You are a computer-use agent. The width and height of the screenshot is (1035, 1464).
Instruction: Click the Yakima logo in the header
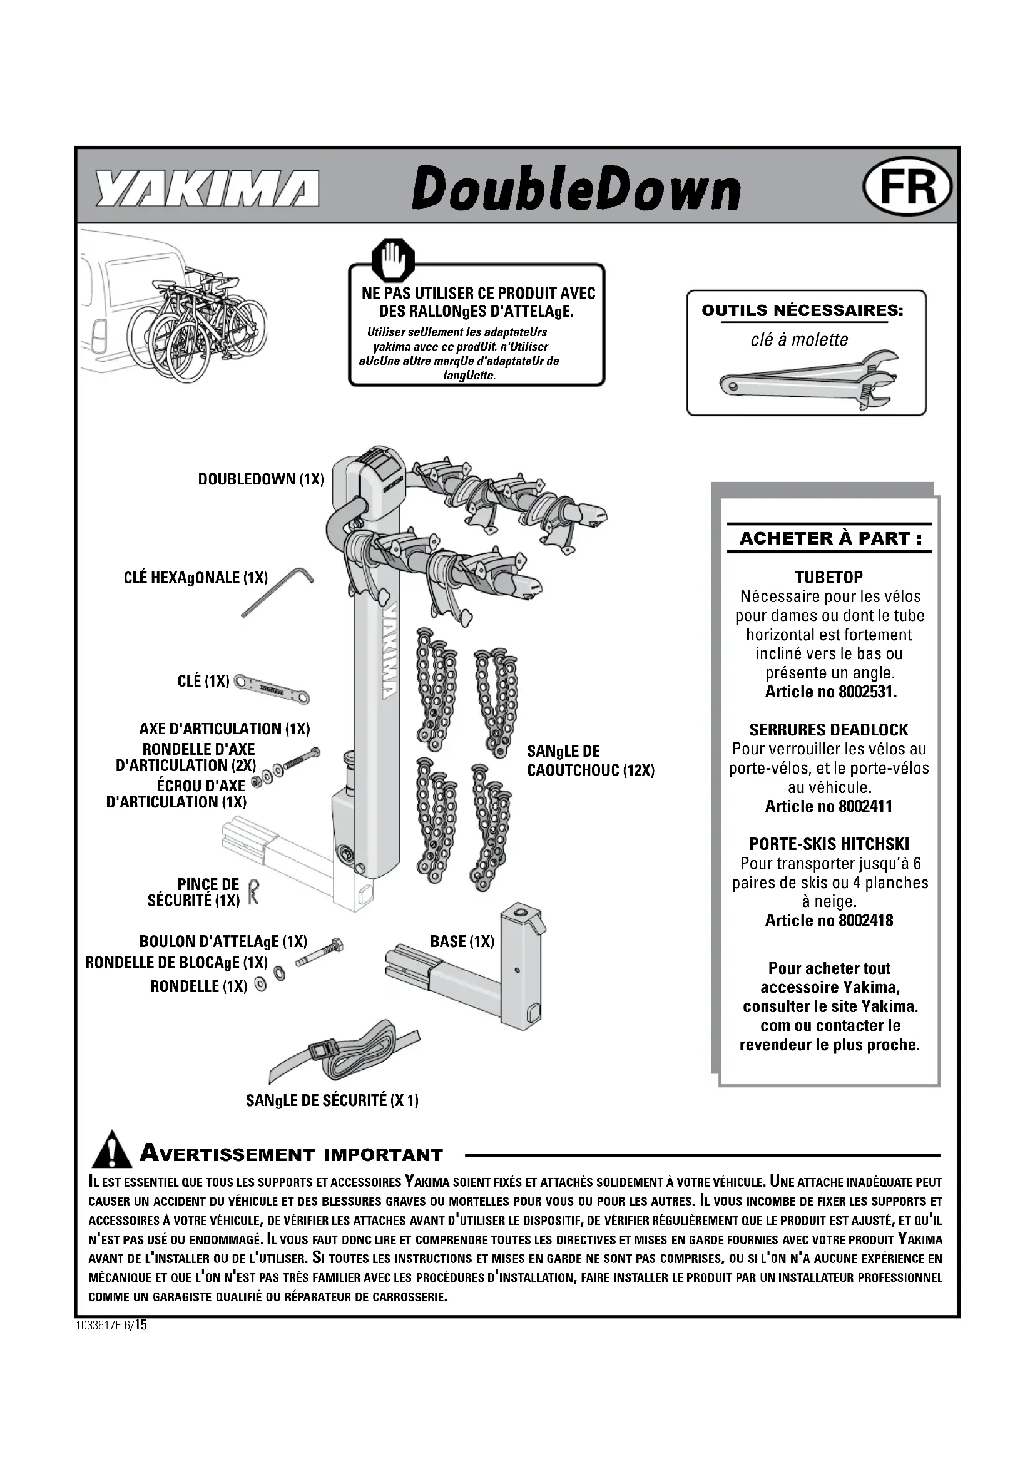(x=207, y=189)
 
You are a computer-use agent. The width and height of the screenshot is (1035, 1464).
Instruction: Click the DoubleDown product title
(x=576, y=189)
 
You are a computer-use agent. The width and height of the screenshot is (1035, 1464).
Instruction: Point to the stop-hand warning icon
(x=393, y=260)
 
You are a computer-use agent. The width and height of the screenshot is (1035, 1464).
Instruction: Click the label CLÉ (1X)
(x=203, y=681)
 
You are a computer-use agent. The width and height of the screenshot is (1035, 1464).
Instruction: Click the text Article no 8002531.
(x=830, y=692)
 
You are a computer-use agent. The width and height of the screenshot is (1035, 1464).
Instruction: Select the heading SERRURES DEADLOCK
(x=829, y=729)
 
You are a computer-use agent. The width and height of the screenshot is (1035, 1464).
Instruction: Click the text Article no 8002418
(x=829, y=921)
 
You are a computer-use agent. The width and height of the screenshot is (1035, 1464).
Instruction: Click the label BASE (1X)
(x=462, y=941)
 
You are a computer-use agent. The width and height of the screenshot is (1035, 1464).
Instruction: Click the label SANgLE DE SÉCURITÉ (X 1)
(x=332, y=1100)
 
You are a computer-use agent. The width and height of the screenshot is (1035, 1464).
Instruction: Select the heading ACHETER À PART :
(x=830, y=538)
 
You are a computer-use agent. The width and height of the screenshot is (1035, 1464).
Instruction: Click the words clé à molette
(x=799, y=339)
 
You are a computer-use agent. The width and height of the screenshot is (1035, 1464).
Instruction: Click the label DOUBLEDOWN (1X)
(x=261, y=479)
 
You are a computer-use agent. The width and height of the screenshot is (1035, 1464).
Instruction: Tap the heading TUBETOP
(x=829, y=577)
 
